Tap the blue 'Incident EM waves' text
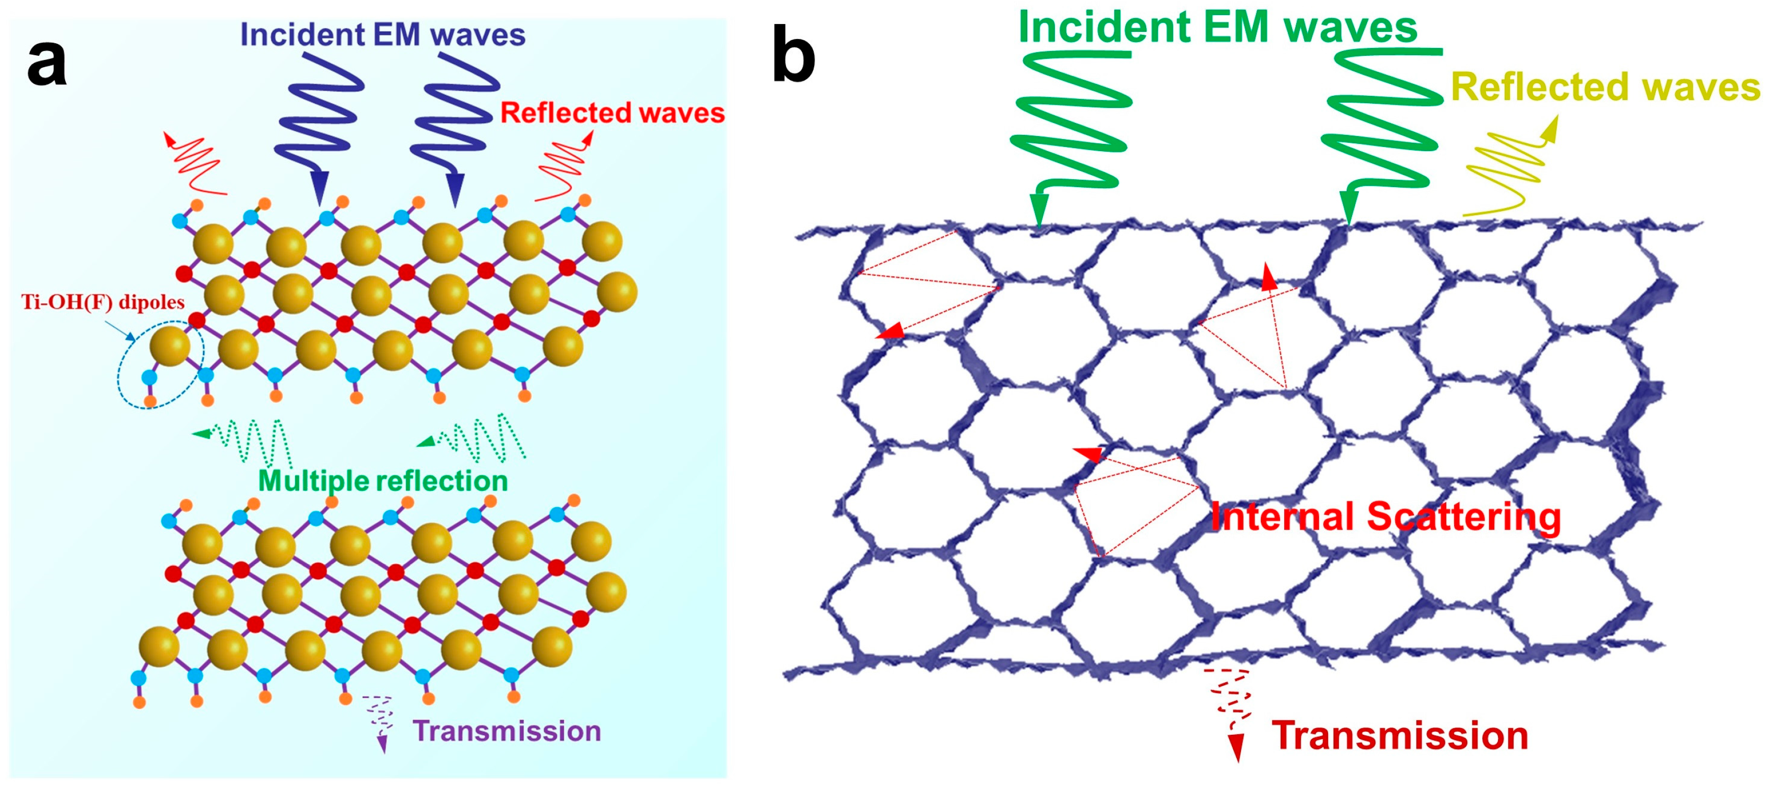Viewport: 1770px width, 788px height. coord(382,34)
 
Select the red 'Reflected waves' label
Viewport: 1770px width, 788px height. coord(611,113)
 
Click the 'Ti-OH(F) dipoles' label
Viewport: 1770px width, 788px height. coord(103,302)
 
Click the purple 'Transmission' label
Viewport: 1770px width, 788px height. coord(507,731)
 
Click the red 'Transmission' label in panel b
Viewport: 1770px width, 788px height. coord(1399,736)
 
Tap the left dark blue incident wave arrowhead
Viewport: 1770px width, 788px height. coord(319,187)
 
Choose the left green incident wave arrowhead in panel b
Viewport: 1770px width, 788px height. coord(1039,210)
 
